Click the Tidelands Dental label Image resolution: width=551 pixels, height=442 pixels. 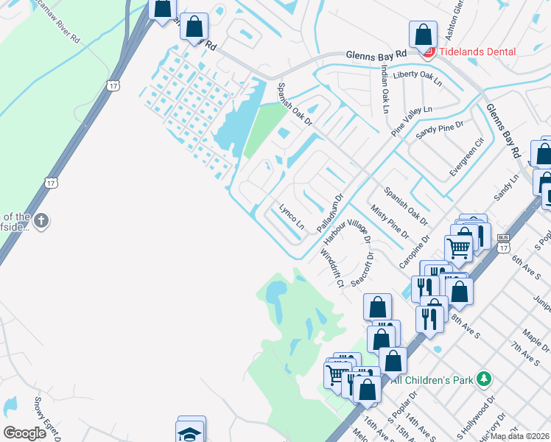coord(477,52)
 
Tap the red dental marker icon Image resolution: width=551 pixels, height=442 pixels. coord(428,52)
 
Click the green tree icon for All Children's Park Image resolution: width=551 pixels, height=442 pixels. coord(484,379)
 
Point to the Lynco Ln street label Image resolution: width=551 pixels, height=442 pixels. coord(288,214)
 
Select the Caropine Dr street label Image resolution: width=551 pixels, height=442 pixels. coord(414,252)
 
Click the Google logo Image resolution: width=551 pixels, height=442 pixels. coord(24,433)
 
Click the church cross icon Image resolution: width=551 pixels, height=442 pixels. coord(42,220)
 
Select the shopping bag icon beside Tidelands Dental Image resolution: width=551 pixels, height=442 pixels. coord(424,34)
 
